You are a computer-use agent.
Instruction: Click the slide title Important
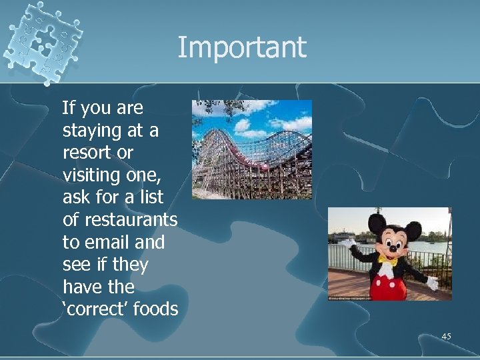[241, 48]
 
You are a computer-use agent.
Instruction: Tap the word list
[151, 197]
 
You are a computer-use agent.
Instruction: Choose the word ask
[75, 197]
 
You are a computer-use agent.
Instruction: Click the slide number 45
[446, 337]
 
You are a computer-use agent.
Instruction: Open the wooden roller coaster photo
[251, 149]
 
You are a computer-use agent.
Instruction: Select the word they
[130, 265]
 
